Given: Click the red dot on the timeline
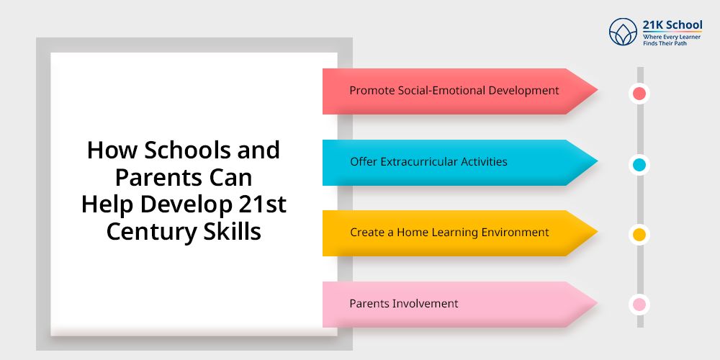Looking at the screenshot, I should tap(639, 94).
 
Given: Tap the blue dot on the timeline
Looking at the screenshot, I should tap(639, 165).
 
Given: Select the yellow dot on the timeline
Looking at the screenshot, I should tap(639, 235).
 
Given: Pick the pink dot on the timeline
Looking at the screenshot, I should tap(639, 305).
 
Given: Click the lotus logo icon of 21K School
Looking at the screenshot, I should tap(623, 33).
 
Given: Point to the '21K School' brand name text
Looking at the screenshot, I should tap(672, 26).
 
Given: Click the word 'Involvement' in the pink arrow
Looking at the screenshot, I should tap(425, 303).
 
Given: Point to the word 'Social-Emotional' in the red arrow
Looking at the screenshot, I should tap(446, 91).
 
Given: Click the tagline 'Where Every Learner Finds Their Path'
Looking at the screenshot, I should tap(672, 39).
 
